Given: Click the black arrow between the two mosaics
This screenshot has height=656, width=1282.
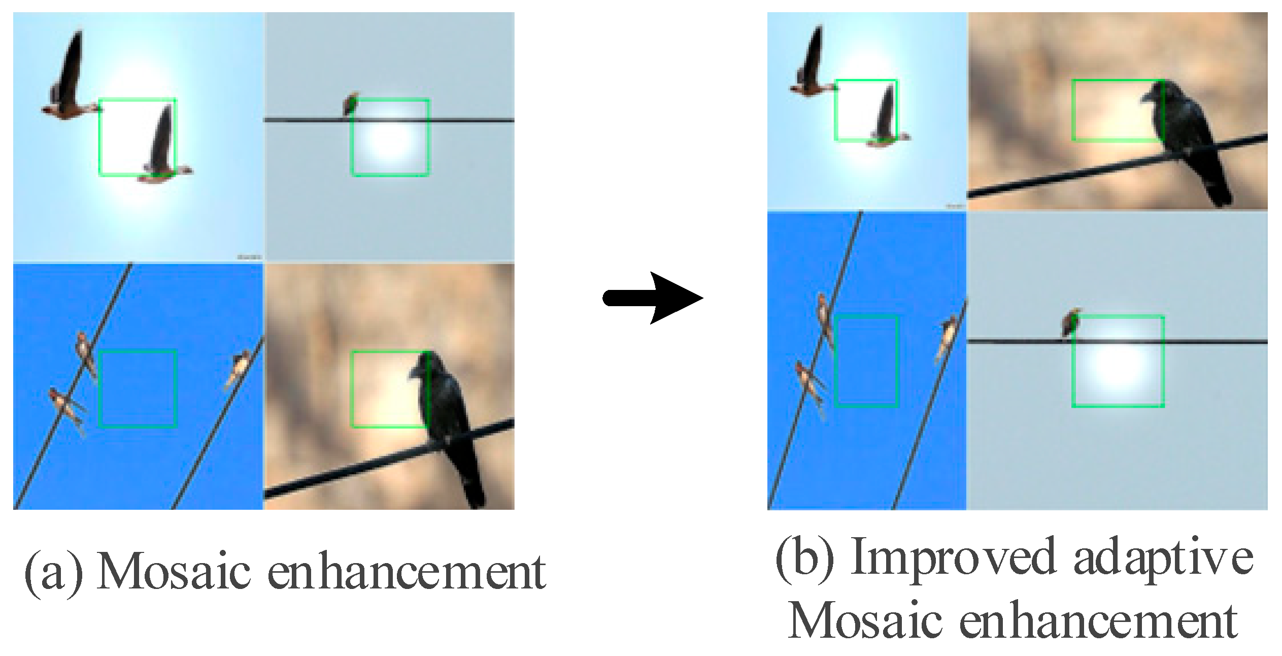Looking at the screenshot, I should [x=655, y=298].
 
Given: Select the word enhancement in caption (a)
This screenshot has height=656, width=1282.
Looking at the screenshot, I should [x=407, y=572].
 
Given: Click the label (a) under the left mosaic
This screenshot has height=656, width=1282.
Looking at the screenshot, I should [x=54, y=572].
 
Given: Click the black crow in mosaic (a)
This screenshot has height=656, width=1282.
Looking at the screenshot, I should [x=447, y=416].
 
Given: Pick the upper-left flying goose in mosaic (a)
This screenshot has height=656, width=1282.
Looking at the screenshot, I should [x=69, y=76].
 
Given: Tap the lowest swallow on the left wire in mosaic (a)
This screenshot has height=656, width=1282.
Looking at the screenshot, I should [x=66, y=409].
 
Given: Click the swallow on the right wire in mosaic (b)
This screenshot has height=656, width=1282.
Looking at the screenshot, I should [x=947, y=338].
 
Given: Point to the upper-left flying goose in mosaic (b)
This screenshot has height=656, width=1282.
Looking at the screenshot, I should [x=812, y=66].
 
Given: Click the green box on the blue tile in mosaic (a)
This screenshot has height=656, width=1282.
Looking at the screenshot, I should [x=138, y=388].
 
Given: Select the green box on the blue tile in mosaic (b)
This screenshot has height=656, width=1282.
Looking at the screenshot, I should [x=866, y=360].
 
